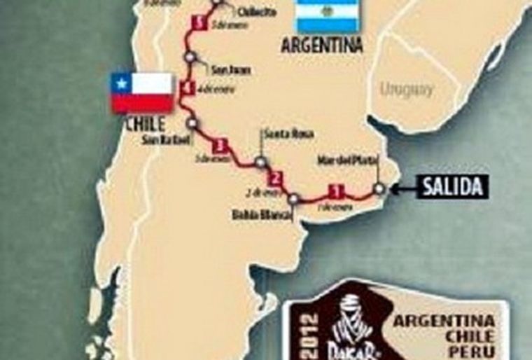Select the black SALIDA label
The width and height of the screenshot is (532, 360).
tap(452, 188)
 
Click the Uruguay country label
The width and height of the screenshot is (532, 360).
tap(407, 89)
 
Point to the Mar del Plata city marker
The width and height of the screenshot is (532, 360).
tap(379, 188)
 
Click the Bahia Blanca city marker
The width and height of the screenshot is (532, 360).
tap(293, 199)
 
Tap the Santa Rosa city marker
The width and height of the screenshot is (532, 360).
tap(260, 162)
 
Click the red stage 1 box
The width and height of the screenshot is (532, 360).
tap(337, 189)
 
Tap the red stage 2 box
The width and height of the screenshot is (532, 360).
tap(276, 177)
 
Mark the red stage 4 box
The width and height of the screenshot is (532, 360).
tap(185, 88)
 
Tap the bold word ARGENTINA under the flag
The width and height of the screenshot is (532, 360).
tap(322, 46)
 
